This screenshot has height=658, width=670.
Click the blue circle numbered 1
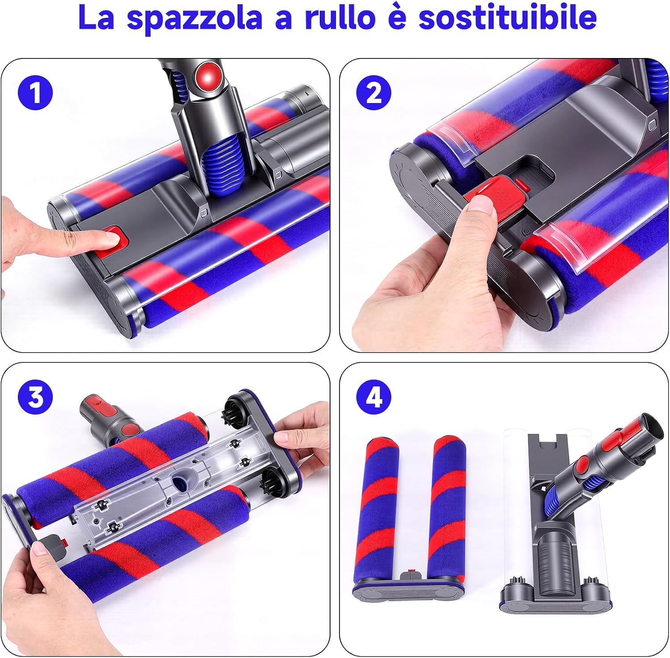click(35, 93)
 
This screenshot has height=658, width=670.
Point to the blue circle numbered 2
click(374, 93)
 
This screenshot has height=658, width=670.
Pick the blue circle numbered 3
click(35, 396)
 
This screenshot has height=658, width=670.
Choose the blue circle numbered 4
click(374, 396)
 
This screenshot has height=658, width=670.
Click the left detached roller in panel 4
click(382, 509)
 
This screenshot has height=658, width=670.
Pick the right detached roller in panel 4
click(447, 509)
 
